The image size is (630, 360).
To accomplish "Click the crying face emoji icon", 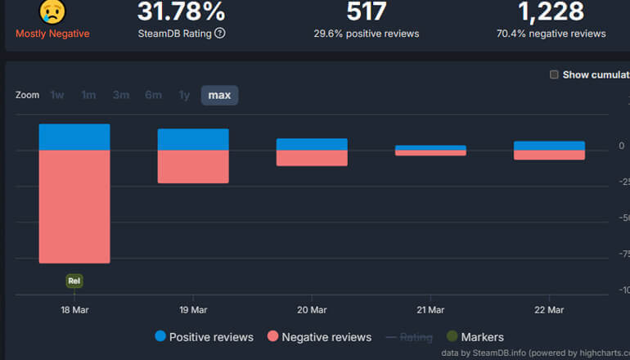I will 52,11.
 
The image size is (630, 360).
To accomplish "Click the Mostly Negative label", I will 52,34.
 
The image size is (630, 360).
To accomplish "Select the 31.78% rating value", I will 182,11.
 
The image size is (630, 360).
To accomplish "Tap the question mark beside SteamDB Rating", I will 220,34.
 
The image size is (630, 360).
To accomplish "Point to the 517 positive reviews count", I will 366,11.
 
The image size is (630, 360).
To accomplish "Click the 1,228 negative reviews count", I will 551,11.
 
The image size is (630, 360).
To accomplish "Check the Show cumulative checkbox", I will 554,74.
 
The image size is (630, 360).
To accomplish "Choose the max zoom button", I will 219,95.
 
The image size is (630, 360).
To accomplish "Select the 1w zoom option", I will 57,95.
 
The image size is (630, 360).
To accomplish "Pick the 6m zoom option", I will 153,95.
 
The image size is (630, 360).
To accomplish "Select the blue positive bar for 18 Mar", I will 74,137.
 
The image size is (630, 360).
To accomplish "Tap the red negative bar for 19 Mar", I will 193,167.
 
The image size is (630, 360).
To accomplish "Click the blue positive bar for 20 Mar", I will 312,144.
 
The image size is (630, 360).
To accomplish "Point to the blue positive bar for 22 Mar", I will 549,146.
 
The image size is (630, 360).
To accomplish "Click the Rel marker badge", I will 74,281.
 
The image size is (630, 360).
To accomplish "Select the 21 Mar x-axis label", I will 430,310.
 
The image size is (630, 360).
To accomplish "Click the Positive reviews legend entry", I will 204,337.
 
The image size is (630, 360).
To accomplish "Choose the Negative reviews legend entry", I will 319,337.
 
